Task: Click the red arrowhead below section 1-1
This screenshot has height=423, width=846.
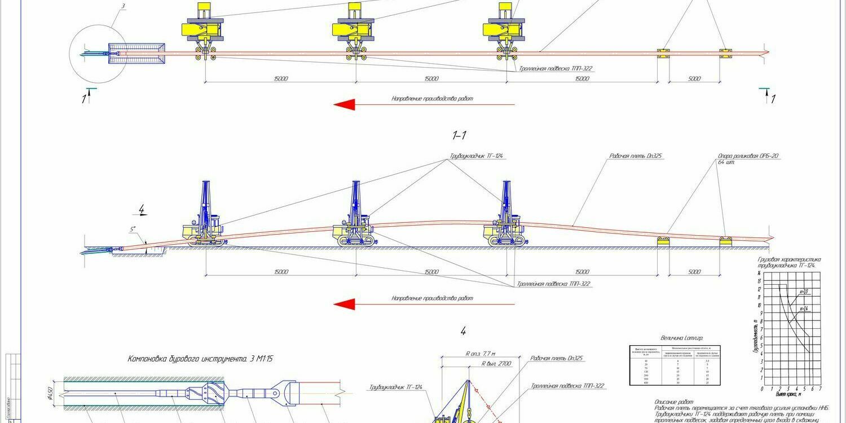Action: pos(345,305)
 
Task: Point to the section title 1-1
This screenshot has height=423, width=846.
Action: pos(460,135)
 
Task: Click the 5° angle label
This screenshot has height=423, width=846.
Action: pos(133,230)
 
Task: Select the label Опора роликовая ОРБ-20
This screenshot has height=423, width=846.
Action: pos(749,156)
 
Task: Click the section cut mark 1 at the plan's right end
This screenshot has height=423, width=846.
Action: pos(773,99)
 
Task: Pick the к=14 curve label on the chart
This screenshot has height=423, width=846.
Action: pos(804,309)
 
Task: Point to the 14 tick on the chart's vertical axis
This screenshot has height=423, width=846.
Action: pos(759,273)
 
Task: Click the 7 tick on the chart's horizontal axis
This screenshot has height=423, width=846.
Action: pos(820,389)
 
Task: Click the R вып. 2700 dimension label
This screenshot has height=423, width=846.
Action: pos(496,364)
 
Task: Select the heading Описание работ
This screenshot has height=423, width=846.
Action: pos(671,400)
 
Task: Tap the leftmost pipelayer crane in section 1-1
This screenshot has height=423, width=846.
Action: pos(203,217)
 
